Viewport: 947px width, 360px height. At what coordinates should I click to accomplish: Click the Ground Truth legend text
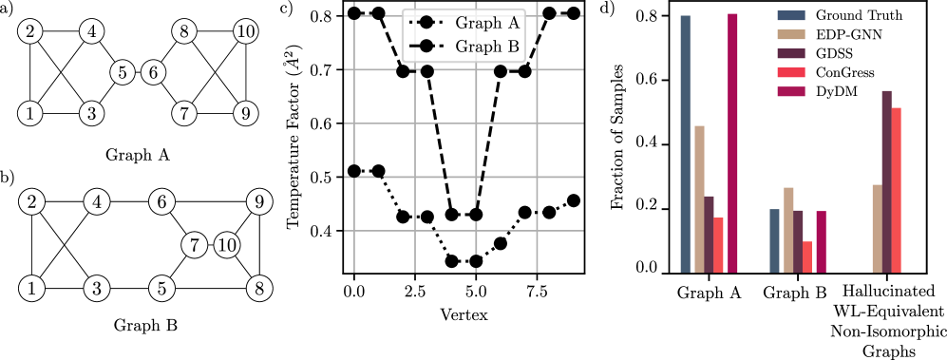pyautogui.click(x=859, y=15)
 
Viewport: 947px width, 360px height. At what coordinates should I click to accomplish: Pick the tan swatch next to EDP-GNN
pyautogui.click(x=790, y=34)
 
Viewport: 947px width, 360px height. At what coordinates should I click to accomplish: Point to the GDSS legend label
pyautogui.click(x=836, y=53)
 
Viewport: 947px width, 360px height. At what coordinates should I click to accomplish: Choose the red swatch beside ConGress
pyautogui.click(x=790, y=72)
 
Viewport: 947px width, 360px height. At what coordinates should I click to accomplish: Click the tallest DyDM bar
pyautogui.click(x=732, y=143)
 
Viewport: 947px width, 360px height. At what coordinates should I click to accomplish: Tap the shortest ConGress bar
pyautogui.click(x=807, y=257)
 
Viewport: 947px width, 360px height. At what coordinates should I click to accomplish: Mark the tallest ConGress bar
pyautogui.click(x=896, y=191)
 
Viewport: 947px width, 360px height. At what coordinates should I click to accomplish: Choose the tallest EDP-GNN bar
pyautogui.click(x=699, y=199)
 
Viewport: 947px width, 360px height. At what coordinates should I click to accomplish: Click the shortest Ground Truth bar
pyautogui.click(x=774, y=241)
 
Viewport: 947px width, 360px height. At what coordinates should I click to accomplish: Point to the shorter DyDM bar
pyautogui.click(x=822, y=242)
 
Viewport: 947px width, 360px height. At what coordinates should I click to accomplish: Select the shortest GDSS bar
pyautogui.click(x=798, y=242)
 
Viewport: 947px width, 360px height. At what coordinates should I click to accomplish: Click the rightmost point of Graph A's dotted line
pyautogui.click(x=574, y=200)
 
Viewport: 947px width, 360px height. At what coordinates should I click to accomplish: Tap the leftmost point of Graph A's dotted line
pyautogui.click(x=354, y=171)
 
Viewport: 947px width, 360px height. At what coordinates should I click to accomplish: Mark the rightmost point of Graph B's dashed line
pyautogui.click(x=574, y=13)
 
